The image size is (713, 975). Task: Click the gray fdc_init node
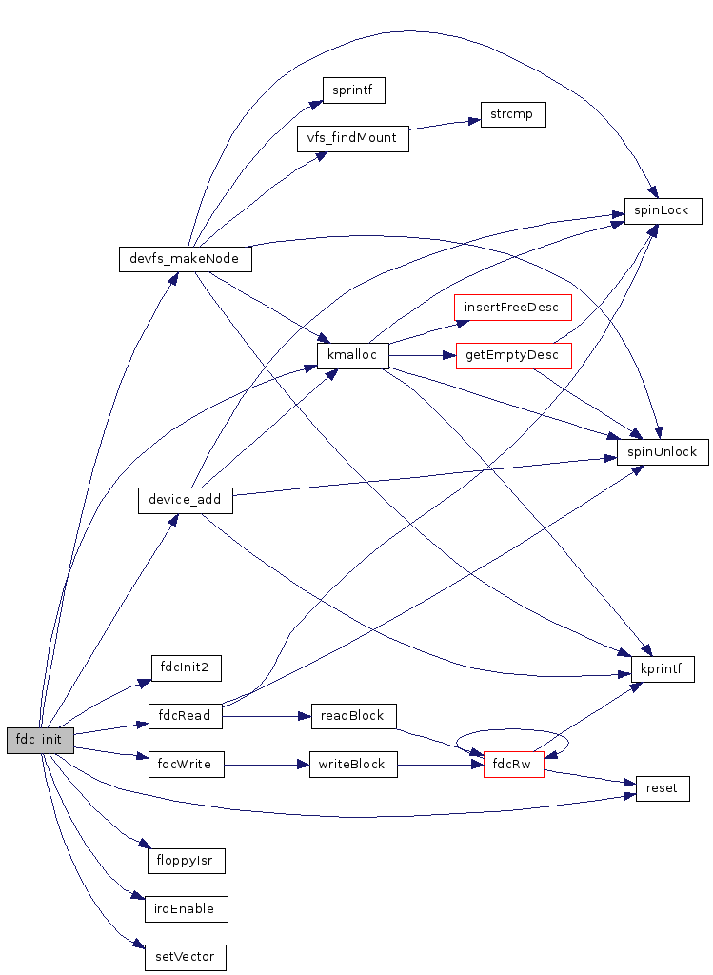pyautogui.click(x=40, y=740)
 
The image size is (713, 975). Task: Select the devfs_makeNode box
pyautogui.click(x=185, y=259)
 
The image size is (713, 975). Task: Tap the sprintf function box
pyautogui.click(x=352, y=90)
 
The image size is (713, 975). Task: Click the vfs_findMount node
pyautogui.click(x=352, y=138)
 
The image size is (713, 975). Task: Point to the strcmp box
pyautogui.click(x=513, y=114)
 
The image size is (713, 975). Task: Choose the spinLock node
pyautogui.click(x=663, y=210)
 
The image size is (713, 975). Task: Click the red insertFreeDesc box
pyautogui.click(x=513, y=308)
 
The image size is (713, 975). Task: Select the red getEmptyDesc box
pyautogui.click(x=513, y=356)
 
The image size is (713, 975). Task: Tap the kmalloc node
pyautogui.click(x=353, y=356)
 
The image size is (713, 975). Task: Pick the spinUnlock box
pyautogui.click(x=663, y=451)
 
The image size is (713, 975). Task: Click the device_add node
pyautogui.click(x=185, y=499)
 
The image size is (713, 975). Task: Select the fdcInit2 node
pyautogui.click(x=186, y=667)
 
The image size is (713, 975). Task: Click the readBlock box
pyautogui.click(x=353, y=716)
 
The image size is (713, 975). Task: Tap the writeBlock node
pyautogui.click(x=353, y=764)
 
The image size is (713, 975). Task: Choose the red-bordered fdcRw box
pyautogui.click(x=513, y=764)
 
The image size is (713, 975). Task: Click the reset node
pyautogui.click(x=663, y=788)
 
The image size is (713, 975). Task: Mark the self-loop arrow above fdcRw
pyautogui.click(x=513, y=732)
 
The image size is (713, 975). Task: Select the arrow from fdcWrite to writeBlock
pyautogui.click(x=267, y=764)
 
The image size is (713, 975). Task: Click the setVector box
pyautogui.click(x=186, y=957)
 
